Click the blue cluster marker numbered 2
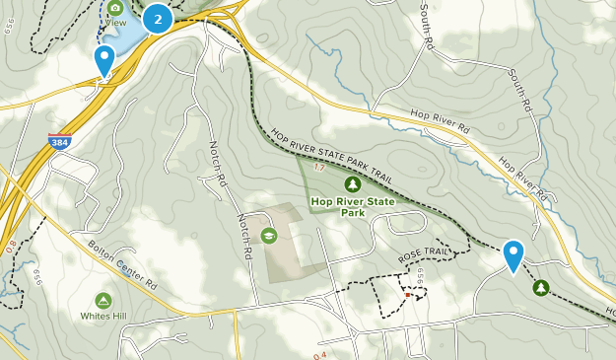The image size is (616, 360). coord(158,18)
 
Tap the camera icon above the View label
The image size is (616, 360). coord(115,8)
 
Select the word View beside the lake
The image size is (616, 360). coord(115,22)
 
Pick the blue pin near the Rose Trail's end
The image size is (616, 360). coord(513,255)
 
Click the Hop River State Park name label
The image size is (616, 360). coord(352,205)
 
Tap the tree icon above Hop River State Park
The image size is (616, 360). coord(352,183)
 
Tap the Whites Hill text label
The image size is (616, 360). coord(103,316)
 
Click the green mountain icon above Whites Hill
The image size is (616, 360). coord(103,299)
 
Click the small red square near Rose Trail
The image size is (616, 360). coord(407,294)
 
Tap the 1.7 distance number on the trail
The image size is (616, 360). coord(318,168)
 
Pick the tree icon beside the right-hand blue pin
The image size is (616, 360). coord(540,287)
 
